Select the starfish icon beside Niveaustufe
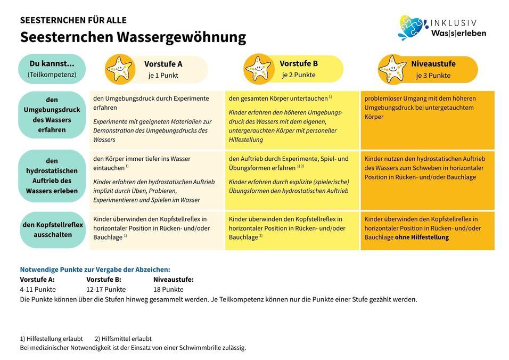[x=392, y=69]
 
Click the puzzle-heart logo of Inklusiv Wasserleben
[x=413, y=28]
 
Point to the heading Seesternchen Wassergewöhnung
[x=133, y=37]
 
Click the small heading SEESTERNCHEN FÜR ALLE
[x=73, y=20]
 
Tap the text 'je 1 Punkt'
[x=163, y=76]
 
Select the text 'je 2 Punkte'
[x=298, y=75]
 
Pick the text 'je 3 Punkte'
[x=433, y=76]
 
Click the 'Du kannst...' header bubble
[x=52, y=69]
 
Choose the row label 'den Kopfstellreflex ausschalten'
[x=53, y=230]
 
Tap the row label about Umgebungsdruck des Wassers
[x=52, y=114]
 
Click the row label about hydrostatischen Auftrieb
[x=52, y=176]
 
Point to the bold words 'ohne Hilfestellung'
[x=422, y=238]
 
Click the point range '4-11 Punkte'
[x=38, y=290]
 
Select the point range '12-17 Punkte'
[x=106, y=290]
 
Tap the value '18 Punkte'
[x=168, y=290]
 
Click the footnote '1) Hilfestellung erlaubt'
[x=52, y=339]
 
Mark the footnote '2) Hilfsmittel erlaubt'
[x=123, y=339]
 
